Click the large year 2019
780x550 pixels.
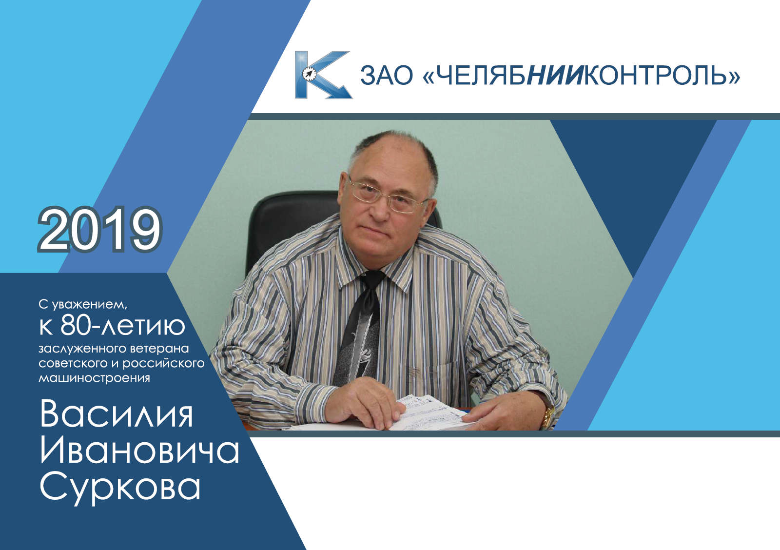pos(100,229)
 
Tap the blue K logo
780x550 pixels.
pos(323,75)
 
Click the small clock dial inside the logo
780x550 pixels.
pos(309,74)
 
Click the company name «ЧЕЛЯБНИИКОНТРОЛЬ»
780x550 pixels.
pos(581,75)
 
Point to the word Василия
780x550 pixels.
pos(117,414)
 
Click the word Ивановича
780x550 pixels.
pos(139,451)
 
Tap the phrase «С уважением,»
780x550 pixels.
pos(83,305)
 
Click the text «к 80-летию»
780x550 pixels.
pos(112,326)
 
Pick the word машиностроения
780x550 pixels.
pos(95,378)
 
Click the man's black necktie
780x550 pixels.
pos(359,328)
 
